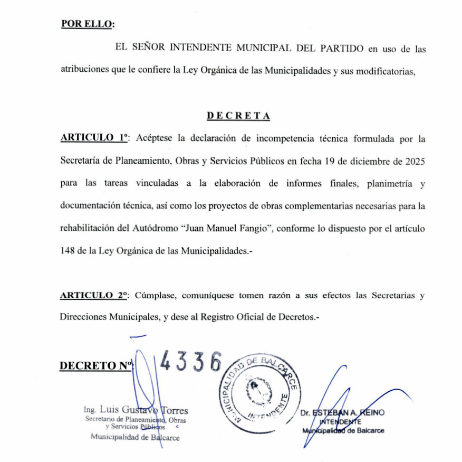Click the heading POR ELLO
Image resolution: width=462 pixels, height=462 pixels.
(x=88, y=24)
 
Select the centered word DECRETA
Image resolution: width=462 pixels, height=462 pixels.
(x=238, y=116)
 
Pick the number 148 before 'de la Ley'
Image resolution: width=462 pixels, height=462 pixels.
(x=69, y=251)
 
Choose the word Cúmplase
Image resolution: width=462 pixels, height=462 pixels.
(x=153, y=296)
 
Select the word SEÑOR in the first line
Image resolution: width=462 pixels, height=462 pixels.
(x=147, y=49)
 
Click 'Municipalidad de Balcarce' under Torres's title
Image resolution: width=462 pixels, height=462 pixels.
(x=135, y=437)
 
